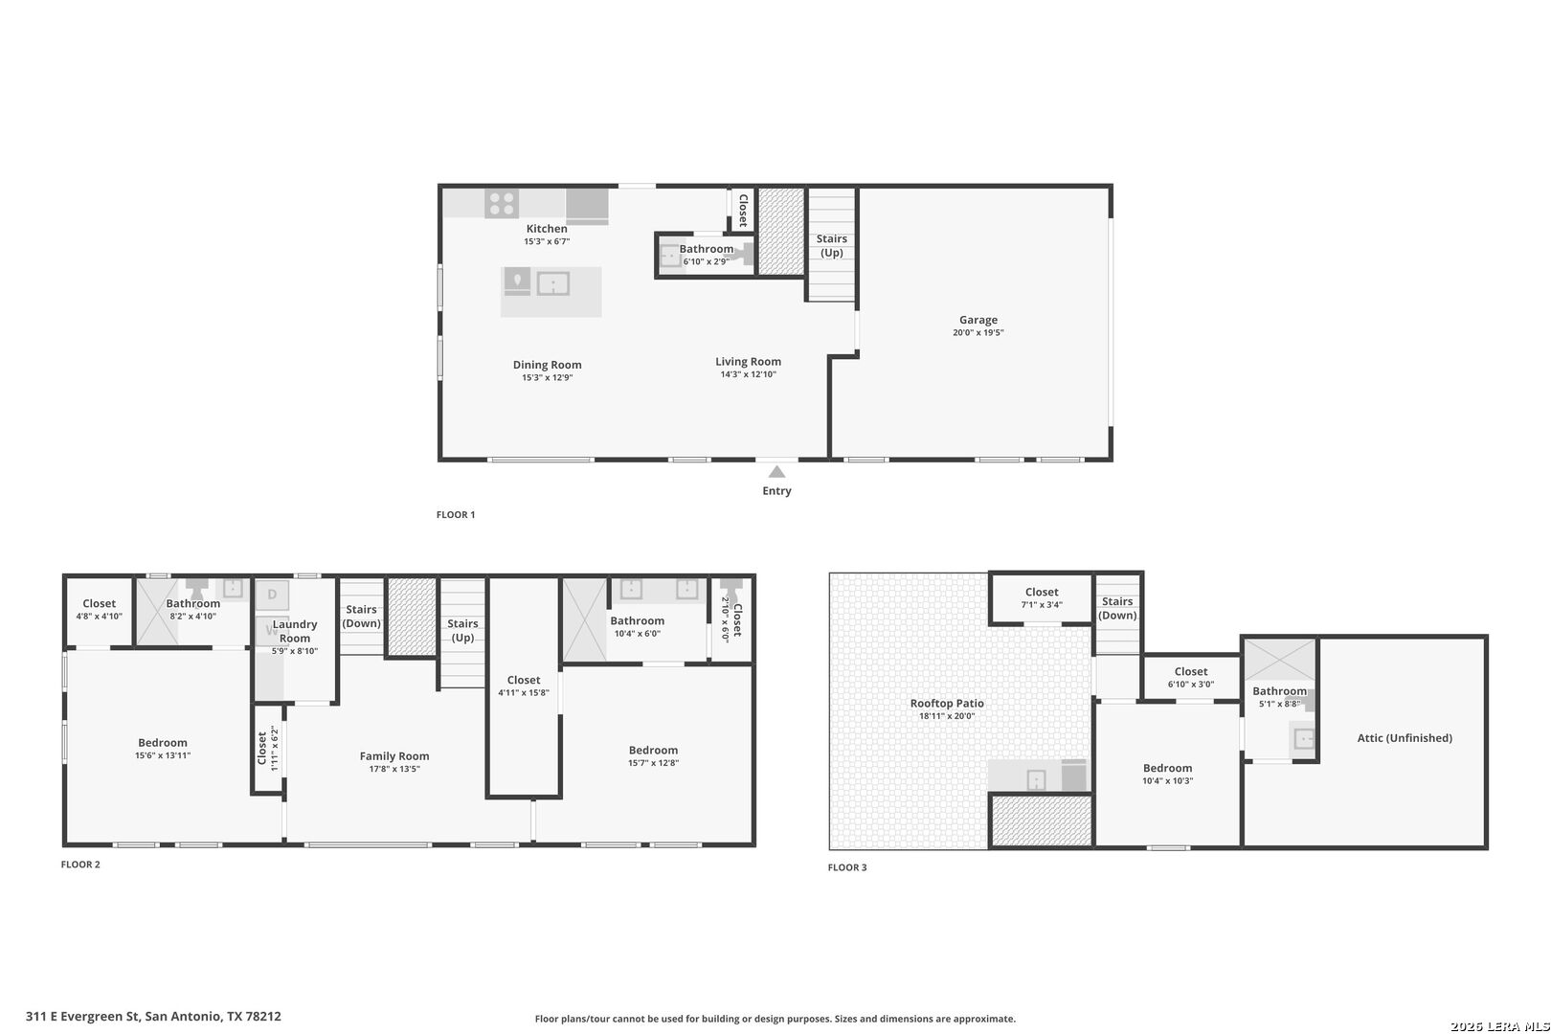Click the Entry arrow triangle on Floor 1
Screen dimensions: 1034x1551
776,472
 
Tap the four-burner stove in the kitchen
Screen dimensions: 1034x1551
502,203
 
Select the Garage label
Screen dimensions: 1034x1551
978,320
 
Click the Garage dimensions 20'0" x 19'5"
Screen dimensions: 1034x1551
978,333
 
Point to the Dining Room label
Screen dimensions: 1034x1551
547,365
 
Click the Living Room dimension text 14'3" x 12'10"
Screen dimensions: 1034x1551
748,374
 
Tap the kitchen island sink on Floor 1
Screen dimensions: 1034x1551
553,283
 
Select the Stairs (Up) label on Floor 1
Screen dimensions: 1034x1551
831,245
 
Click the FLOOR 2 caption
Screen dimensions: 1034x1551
80,865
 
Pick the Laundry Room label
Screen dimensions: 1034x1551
294,631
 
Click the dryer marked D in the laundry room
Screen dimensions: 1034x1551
272,595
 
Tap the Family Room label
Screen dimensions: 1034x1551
393,756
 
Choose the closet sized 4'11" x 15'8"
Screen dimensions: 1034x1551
523,686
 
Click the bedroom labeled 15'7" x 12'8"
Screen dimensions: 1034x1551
653,756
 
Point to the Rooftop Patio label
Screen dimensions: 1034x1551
946,704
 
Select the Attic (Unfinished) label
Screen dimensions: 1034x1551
1404,738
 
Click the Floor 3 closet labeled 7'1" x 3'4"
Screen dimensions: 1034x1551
1041,597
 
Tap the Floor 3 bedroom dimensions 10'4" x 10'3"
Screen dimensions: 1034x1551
1167,780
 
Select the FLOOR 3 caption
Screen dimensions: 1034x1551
846,867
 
